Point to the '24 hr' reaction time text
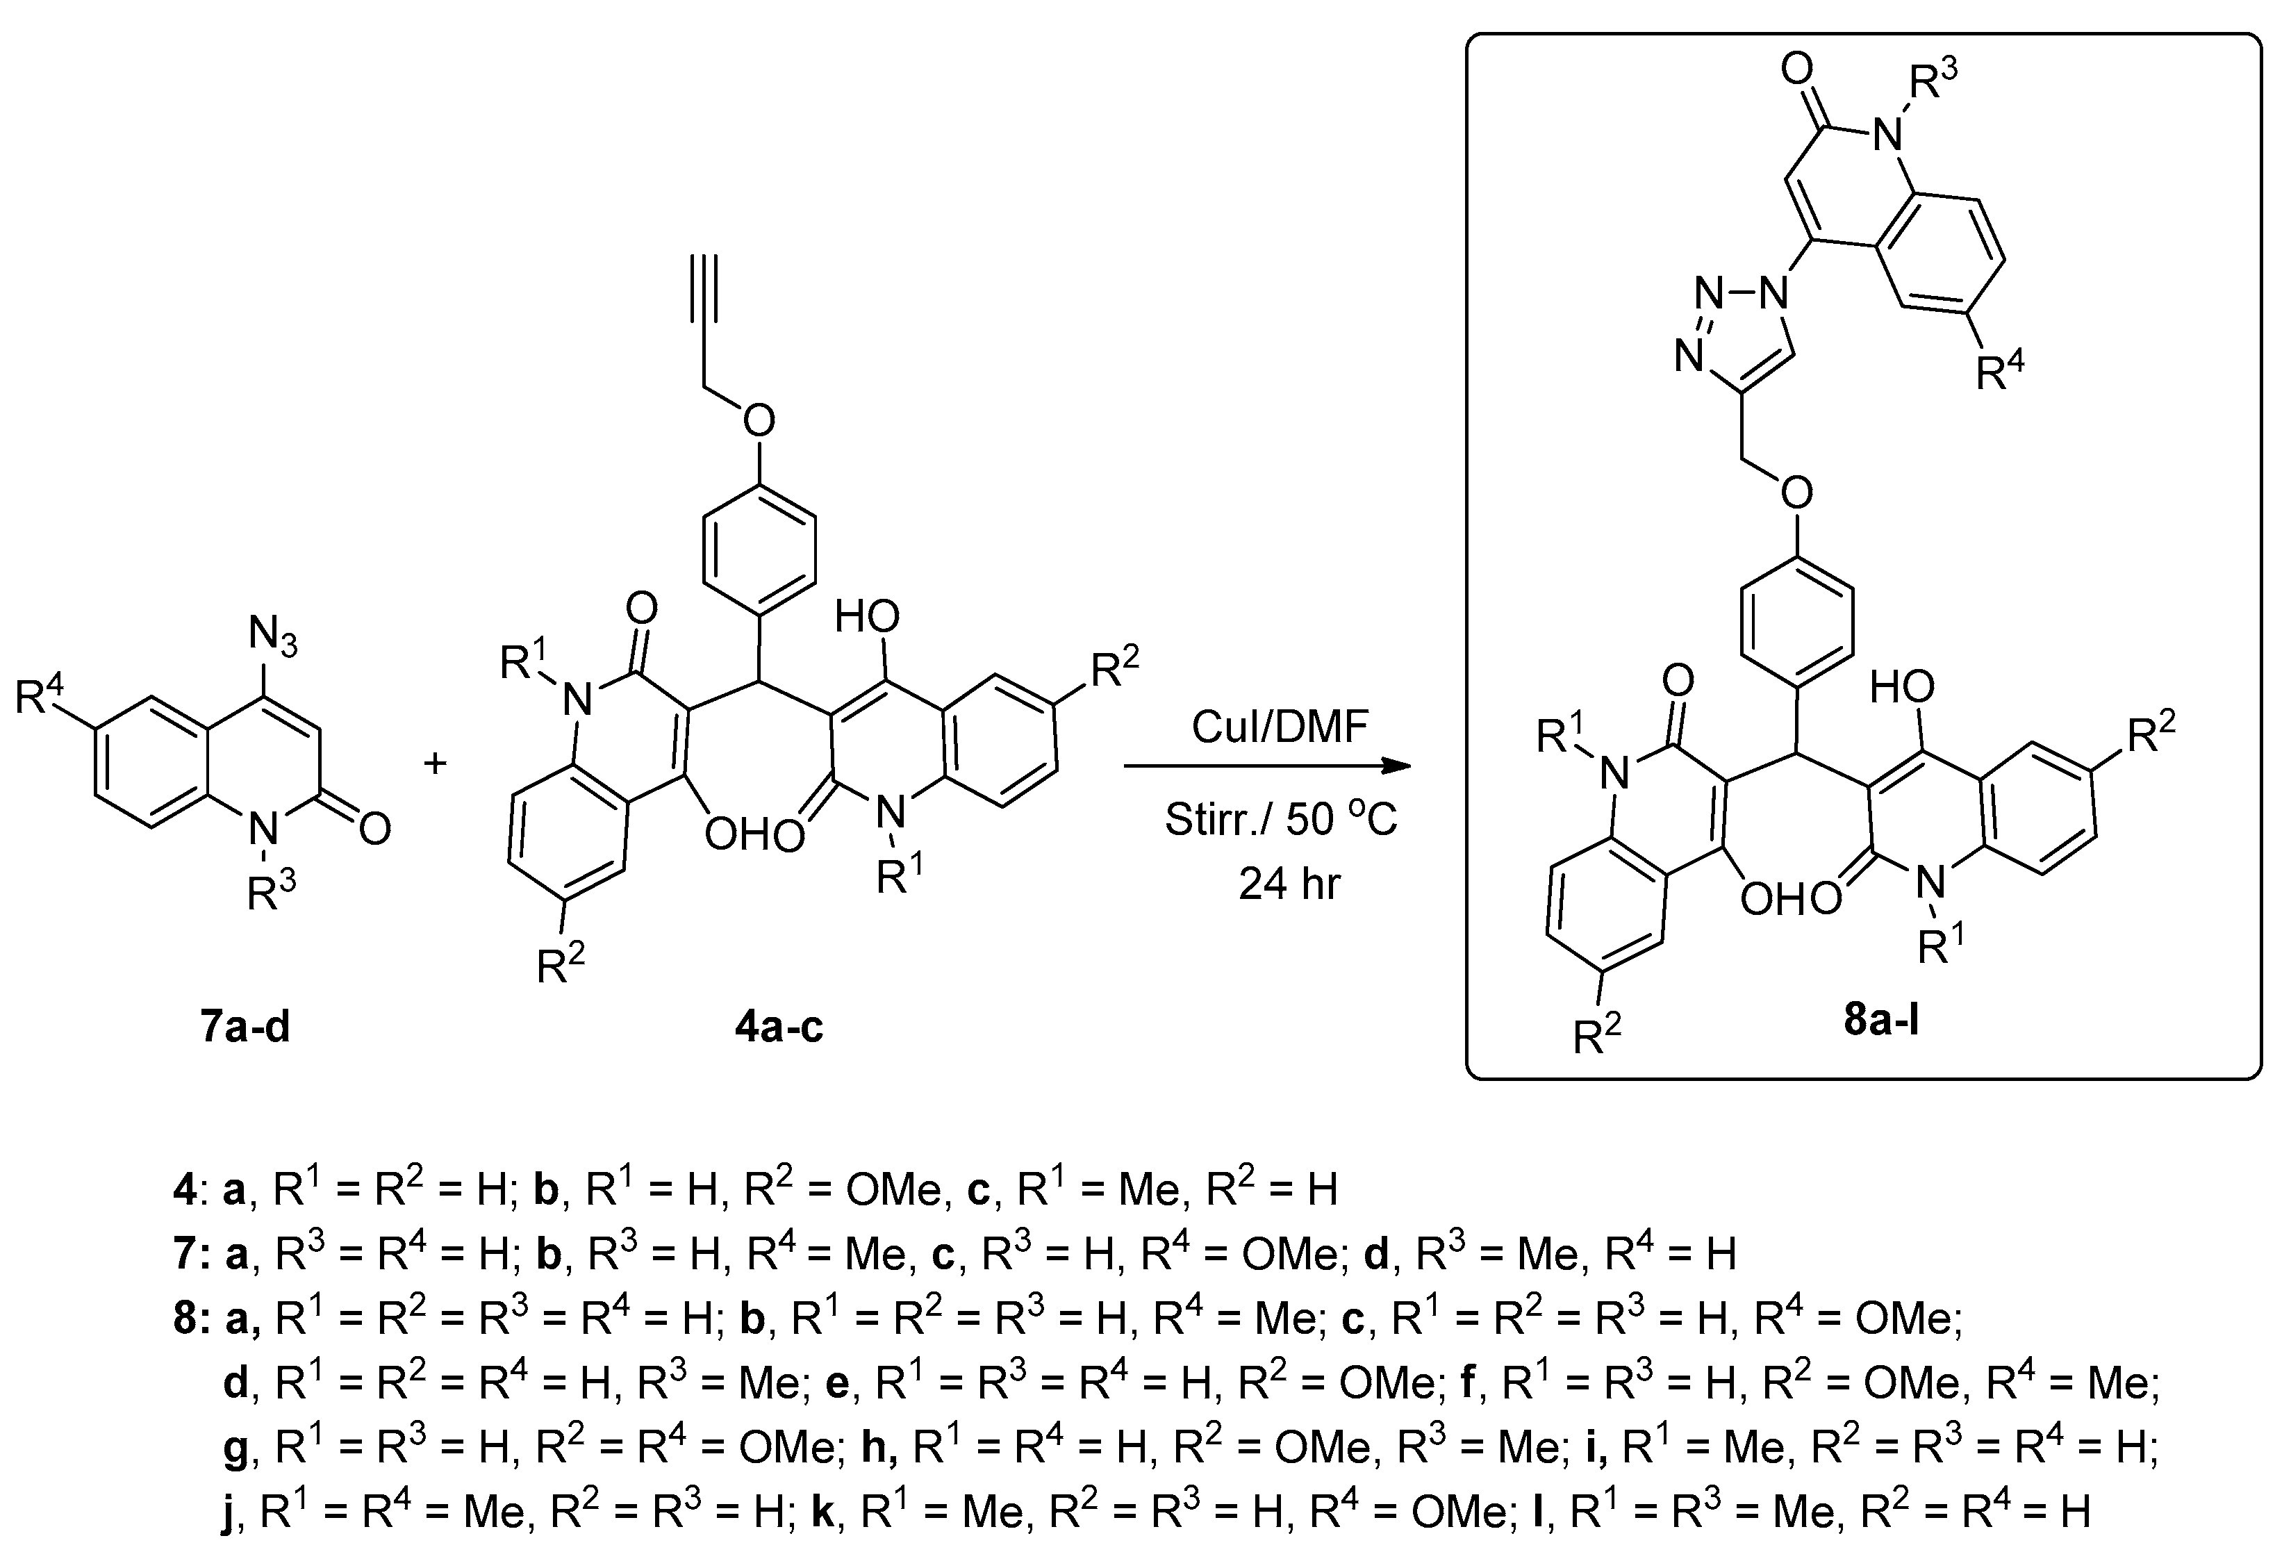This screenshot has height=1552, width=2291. (1289, 884)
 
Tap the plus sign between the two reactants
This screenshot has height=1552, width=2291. (435, 762)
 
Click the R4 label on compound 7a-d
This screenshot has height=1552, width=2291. (40, 697)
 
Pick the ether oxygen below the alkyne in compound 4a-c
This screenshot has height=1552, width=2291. (758, 421)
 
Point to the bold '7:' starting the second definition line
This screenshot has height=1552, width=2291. (189, 1254)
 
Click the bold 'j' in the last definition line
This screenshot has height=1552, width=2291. (229, 1512)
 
